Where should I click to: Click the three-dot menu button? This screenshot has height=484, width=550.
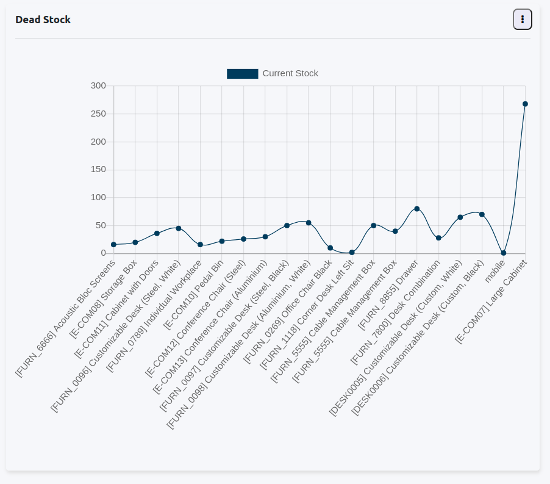click(523, 20)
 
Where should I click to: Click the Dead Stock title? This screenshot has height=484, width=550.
click(43, 20)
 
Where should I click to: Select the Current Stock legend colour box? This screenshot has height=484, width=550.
click(242, 74)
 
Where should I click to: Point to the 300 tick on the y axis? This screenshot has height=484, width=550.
click(98, 86)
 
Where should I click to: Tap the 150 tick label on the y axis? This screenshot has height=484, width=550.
click(98, 170)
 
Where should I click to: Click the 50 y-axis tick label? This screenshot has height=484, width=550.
click(101, 226)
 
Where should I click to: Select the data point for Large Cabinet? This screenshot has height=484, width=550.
click(525, 104)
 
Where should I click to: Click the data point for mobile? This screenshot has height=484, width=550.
click(504, 253)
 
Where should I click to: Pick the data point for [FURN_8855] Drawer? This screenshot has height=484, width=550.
click(417, 209)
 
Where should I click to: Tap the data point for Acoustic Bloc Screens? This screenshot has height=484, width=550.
click(113, 245)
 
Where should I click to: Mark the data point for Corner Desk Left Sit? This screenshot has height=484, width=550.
click(352, 252)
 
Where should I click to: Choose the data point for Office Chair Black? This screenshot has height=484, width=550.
click(330, 248)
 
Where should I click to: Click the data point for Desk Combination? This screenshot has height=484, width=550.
click(438, 237)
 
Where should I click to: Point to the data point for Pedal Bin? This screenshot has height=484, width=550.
click(222, 241)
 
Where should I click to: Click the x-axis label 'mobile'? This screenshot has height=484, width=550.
click(495, 270)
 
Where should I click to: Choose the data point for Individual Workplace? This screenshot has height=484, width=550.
click(200, 244)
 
